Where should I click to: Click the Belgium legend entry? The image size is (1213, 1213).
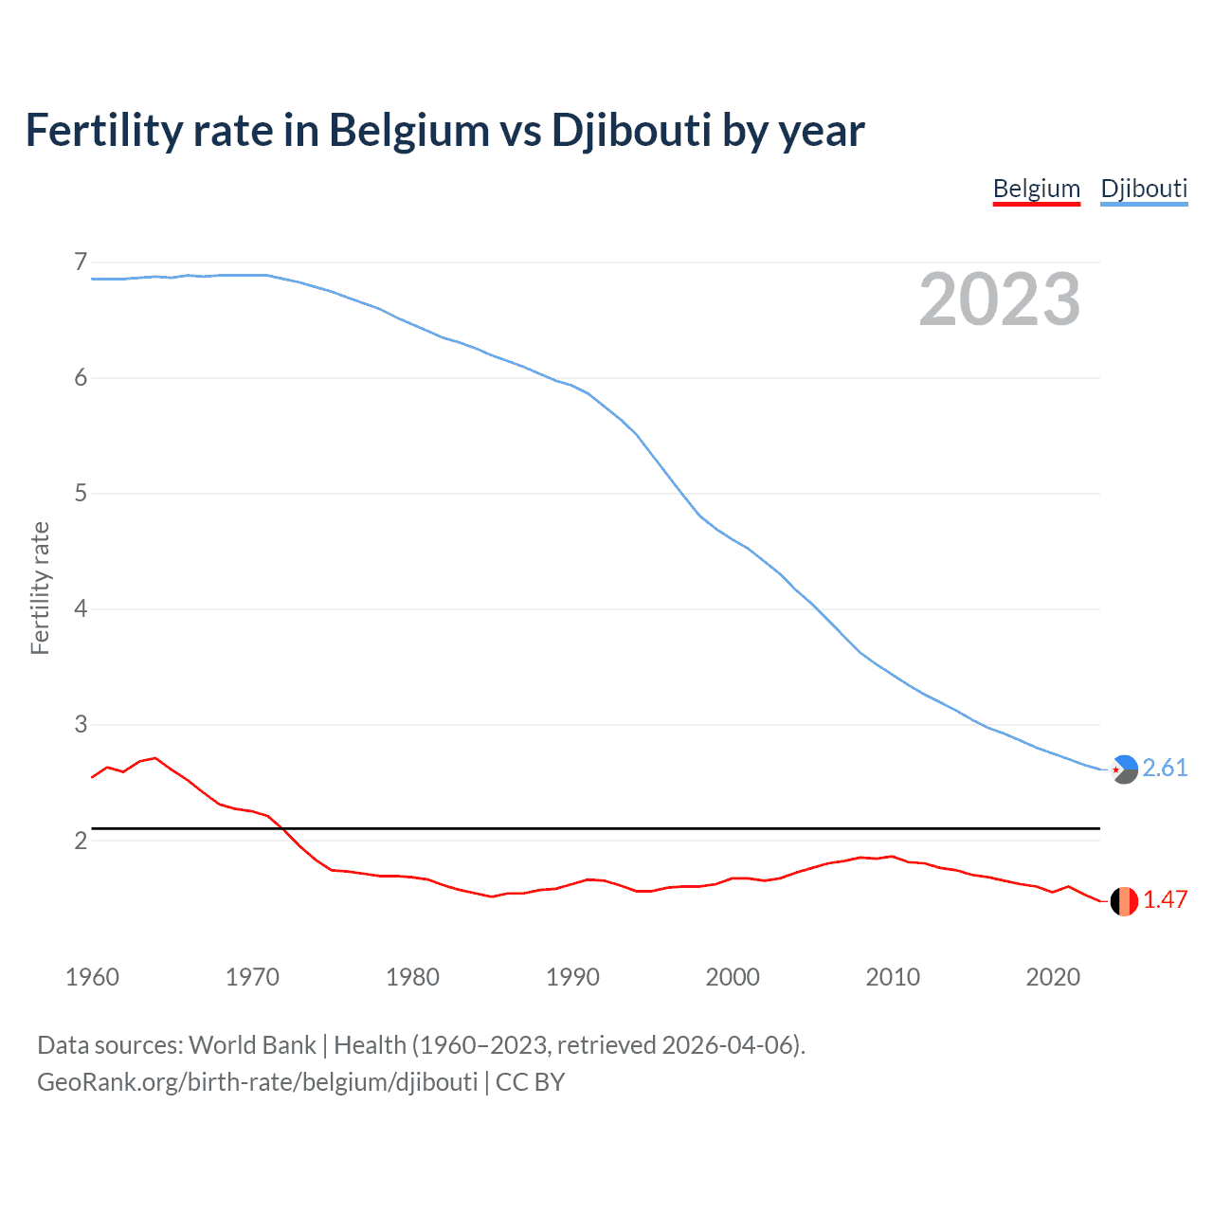point(1036,189)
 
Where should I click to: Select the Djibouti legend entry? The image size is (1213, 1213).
point(1144,189)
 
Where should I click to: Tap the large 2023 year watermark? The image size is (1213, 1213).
point(999,299)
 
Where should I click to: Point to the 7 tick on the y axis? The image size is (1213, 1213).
point(81,262)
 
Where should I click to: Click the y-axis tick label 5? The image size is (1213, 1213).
point(81,493)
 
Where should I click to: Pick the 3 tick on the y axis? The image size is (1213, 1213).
point(81,724)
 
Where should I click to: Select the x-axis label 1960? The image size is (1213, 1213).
point(92,977)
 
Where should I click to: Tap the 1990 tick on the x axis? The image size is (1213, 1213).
point(572,977)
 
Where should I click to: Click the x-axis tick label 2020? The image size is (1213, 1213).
point(1053,977)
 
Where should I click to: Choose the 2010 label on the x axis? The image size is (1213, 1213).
point(893,977)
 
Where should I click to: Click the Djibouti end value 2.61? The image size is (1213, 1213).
point(1165,768)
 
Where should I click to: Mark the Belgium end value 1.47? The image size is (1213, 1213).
point(1165,899)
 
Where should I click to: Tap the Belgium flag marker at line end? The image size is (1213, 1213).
point(1124,901)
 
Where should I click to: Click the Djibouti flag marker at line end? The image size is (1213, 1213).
point(1124,769)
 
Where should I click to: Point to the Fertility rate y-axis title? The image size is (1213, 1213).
point(40,588)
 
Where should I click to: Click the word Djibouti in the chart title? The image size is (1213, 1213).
point(631,130)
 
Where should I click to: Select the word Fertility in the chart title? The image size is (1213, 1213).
point(103,130)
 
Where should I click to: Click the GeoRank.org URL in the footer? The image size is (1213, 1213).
point(257,1082)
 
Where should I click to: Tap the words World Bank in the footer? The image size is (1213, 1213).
point(252,1044)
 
